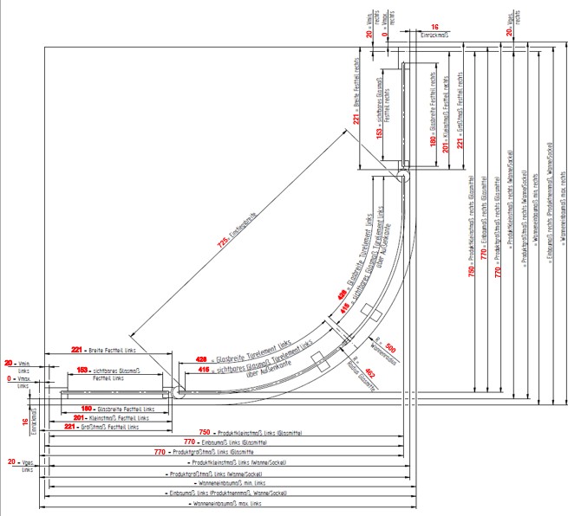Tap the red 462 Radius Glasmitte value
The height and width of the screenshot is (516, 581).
pos(370,373)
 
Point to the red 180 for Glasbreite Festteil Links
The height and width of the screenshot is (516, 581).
pos(86,408)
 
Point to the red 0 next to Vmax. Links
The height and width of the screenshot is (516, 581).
pos(10,379)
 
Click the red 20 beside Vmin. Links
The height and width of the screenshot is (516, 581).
pos(10,364)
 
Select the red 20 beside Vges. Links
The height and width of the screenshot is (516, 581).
pos(11,463)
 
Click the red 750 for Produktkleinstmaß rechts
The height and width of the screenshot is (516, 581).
pos(472,271)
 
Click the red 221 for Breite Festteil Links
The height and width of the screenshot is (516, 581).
pos(75,351)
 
